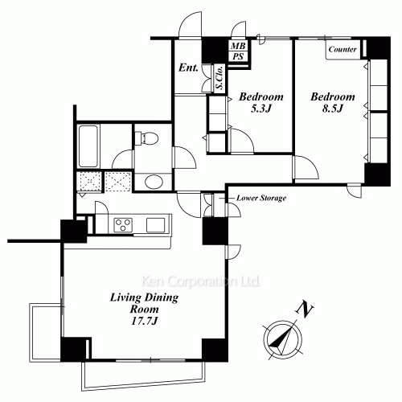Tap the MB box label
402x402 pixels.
(238, 47)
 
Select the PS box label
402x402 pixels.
(238, 57)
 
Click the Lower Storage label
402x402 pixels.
(261, 198)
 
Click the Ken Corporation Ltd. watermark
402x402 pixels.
(200, 282)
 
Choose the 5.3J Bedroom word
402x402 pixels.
(257, 96)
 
